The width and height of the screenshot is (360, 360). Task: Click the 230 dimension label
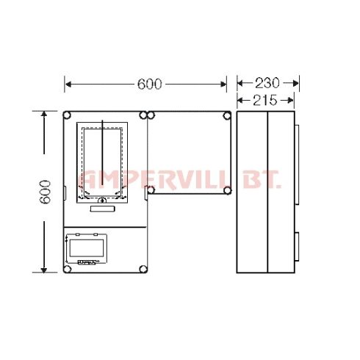267,83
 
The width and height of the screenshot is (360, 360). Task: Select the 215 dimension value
265,101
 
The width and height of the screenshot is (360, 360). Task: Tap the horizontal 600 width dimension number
150,84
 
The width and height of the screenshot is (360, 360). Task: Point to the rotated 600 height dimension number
46,192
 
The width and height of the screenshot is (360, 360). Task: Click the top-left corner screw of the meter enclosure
67,115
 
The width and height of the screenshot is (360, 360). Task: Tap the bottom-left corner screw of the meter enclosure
67,269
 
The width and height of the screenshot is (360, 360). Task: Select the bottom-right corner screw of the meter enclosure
143,269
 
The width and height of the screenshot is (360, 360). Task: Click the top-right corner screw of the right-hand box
227,115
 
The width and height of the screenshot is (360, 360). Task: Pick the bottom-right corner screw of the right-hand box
227,190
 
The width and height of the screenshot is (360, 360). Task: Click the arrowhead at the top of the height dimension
44,114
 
